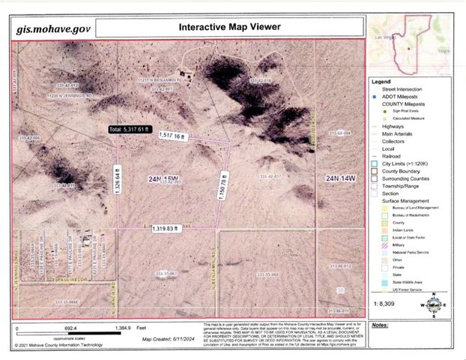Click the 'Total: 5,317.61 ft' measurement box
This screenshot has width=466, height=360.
click(133, 129)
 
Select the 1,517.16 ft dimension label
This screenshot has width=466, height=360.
click(171, 135)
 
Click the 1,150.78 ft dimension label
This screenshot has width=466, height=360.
click(224, 181)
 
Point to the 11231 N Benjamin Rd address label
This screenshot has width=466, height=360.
click(155, 79)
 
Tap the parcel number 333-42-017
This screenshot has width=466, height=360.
click(271, 176)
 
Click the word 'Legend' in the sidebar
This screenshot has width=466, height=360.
click(381, 81)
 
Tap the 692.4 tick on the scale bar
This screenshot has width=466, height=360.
click(71, 329)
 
